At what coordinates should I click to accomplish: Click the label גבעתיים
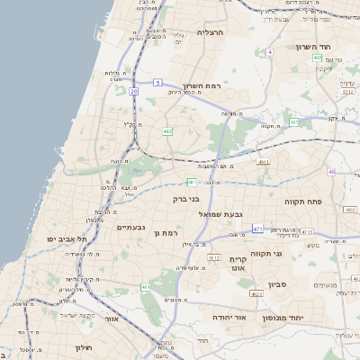(131, 227)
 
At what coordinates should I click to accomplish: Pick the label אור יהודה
(229, 318)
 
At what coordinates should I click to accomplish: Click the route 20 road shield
(134, 91)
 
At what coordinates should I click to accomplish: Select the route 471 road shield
(257, 229)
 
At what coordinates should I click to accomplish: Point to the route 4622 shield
(256, 293)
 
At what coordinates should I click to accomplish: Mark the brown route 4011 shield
(264, 162)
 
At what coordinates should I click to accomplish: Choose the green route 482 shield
(167, 131)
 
